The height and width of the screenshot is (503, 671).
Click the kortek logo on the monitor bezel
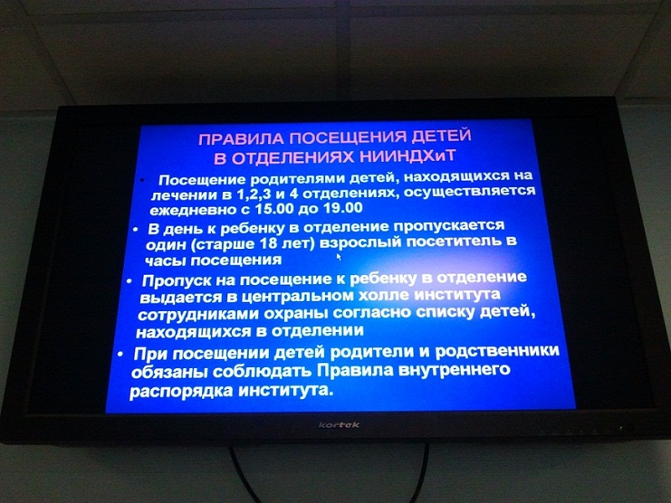tap(339, 425)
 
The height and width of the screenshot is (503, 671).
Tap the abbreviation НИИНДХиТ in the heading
tap(408, 156)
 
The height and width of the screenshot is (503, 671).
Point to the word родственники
tap(497, 351)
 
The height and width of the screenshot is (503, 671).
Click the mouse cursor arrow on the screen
tap(339, 256)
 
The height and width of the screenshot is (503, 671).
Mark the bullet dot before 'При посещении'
tap(120, 355)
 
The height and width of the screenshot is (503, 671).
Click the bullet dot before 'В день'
tap(136, 230)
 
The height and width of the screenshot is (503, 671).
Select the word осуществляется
tap(469, 191)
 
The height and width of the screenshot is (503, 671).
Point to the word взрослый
tap(360, 242)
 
